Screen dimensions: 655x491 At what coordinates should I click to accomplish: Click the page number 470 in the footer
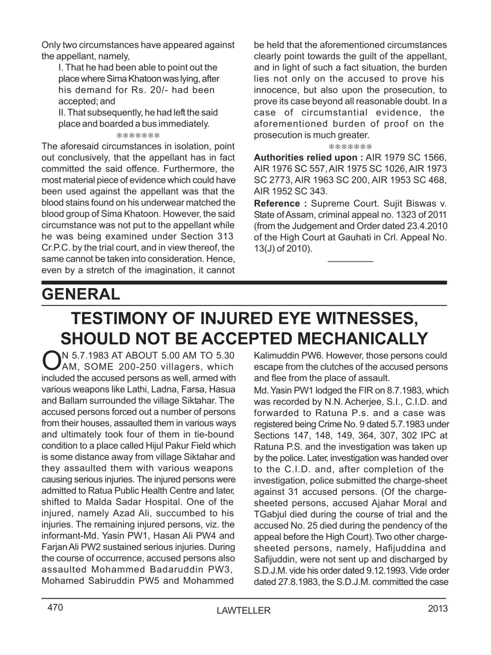tap(55, 607)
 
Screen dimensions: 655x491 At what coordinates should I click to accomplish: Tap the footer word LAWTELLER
tap(244, 610)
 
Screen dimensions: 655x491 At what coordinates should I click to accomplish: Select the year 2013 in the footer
tap(437, 608)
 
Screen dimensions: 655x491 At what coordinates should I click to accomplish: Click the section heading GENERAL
tap(81, 294)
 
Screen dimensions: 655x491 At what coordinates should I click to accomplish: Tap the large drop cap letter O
tap(50, 360)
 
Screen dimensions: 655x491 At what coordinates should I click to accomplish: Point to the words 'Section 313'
tap(207, 236)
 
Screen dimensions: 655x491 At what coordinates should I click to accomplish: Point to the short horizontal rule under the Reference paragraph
tap(350, 261)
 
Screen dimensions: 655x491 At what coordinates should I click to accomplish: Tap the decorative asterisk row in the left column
tap(138, 135)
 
